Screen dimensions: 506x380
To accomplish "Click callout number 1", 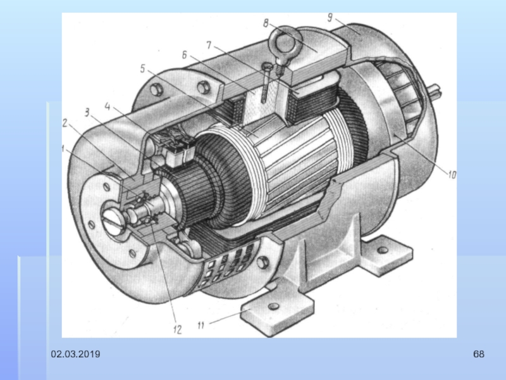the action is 63,149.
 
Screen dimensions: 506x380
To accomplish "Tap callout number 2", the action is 65,123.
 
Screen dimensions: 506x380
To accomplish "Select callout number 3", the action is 87,112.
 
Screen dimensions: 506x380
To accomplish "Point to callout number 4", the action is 108,106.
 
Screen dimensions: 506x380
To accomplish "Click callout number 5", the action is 143,68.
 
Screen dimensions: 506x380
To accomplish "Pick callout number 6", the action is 184,55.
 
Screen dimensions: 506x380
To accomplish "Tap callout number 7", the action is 209,45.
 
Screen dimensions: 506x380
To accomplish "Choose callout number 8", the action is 266,23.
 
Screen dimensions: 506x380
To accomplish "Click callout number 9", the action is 330,17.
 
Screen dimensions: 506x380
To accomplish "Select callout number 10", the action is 452,175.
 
